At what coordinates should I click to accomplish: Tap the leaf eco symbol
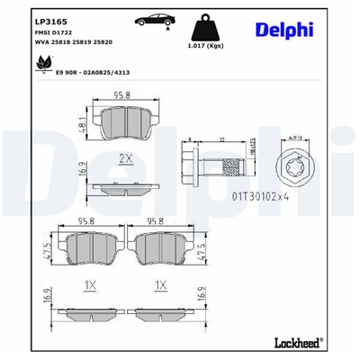click(40, 64)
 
